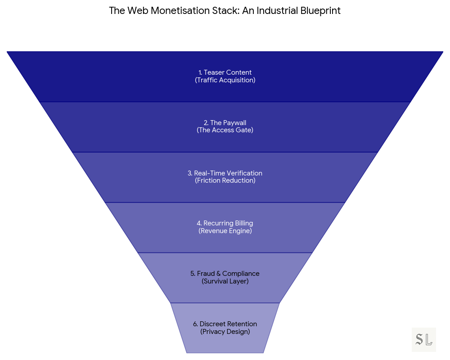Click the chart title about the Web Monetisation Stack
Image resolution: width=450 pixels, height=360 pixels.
point(225,11)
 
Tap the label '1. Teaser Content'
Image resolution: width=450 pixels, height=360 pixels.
point(225,72)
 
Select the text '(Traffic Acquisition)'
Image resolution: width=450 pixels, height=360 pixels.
point(225,80)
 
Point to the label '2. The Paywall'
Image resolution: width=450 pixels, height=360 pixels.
point(225,123)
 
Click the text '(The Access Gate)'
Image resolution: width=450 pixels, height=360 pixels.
point(225,130)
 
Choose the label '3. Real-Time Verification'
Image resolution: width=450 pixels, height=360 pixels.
point(225,173)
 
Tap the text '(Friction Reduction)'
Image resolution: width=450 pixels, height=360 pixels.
point(225,181)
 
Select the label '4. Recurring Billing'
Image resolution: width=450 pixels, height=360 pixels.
point(225,223)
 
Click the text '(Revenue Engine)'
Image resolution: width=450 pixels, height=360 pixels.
point(225,231)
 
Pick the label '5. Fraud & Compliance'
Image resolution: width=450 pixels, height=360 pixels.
point(225,274)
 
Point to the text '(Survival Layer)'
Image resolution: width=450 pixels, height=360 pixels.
point(225,281)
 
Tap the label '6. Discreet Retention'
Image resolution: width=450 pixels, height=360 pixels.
point(225,324)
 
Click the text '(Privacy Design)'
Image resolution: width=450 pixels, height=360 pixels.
point(225,332)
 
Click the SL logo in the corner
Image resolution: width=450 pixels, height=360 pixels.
point(424,340)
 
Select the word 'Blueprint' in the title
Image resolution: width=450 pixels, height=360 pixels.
point(320,11)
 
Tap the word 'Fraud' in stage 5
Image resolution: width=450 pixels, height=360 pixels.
point(206,274)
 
